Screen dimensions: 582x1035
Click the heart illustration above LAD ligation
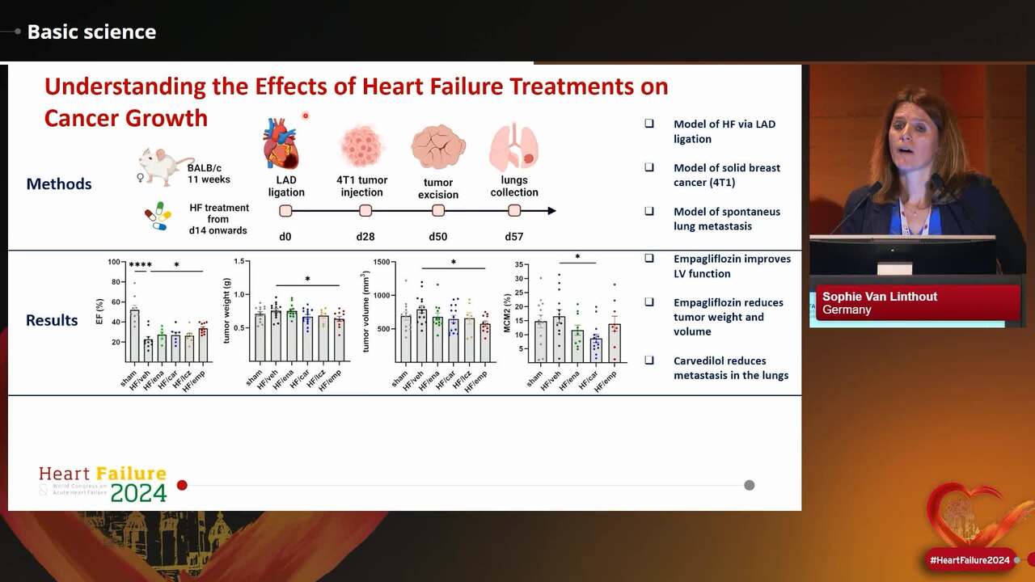(x=281, y=143)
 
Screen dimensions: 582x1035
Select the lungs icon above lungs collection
(x=513, y=147)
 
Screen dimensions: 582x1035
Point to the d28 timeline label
(x=365, y=237)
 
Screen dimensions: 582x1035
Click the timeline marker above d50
(x=438, y=211)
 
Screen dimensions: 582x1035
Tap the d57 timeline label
(x=514, y=237)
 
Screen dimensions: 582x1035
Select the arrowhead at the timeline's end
(x=551, y=211)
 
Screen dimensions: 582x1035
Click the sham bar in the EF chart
(x=134, y=335)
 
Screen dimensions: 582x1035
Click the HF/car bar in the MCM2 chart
(x=596, y=349)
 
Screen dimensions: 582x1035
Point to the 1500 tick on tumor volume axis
(x=380, y=263)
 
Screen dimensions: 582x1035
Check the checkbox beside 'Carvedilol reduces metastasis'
(x=649, y=361)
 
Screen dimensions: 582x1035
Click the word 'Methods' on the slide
(x=59, y=183)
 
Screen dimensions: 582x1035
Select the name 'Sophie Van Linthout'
(x=880, y=297)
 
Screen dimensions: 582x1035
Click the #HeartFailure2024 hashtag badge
(x=970, y=560)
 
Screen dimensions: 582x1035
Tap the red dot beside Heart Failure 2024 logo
(x=182, y=485)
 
